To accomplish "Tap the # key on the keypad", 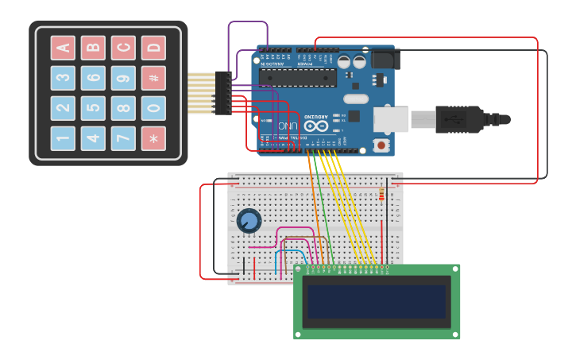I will click(153, 78).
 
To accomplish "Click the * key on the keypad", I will click(153, 138).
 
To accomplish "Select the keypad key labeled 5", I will click(93, 108).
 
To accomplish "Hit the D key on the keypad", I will click(153, 48).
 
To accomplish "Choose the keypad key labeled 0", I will click(153, 108).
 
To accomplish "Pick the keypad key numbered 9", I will click(123, 78).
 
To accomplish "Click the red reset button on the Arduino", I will click(382, 145).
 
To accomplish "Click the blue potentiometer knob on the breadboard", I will click(249, 220).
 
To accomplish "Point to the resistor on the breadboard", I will click(381, 195).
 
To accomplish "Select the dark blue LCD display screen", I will click(377, 302).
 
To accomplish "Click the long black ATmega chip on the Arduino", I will click(297, 78).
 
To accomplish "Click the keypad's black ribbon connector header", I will click(222, 93).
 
